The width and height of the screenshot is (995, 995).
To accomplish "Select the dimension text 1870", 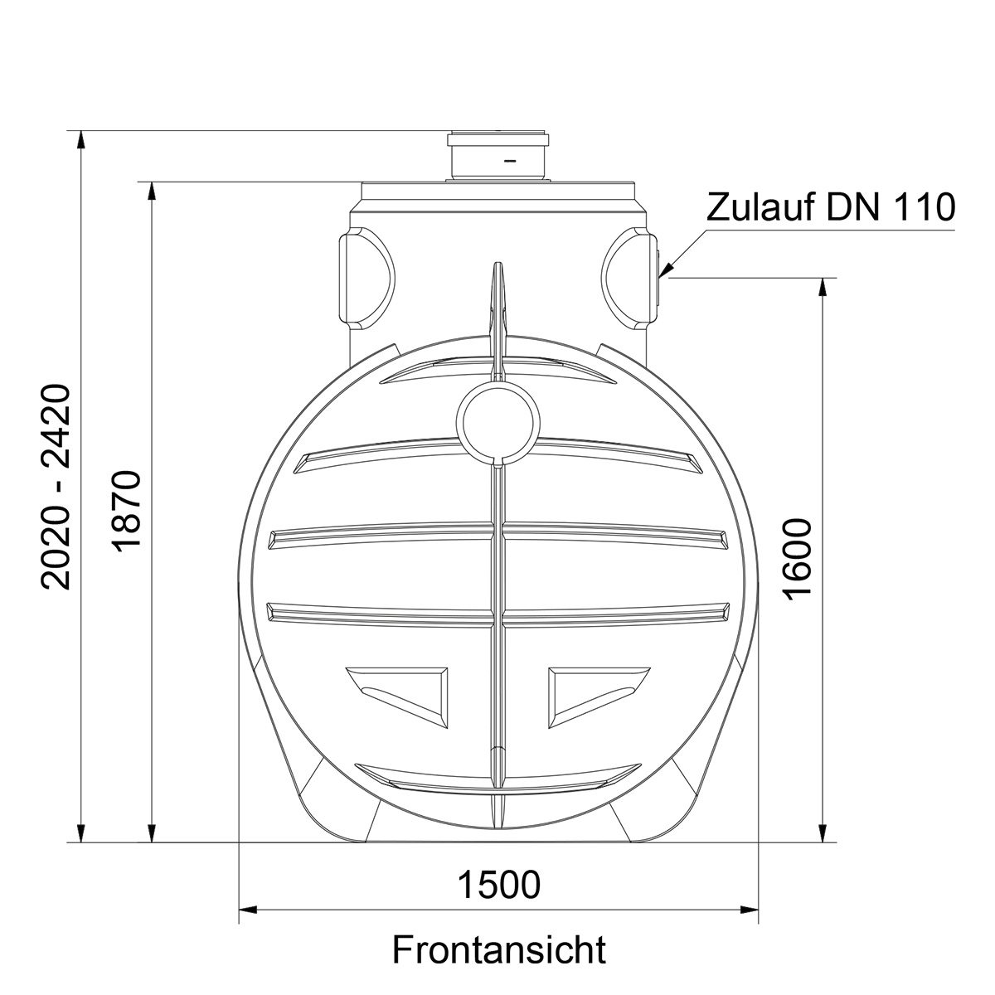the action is tap(125, 512).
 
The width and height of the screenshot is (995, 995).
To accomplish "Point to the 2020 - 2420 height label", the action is tap(56, 487).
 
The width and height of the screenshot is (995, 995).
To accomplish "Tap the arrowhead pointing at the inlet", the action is tap(667, 268).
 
